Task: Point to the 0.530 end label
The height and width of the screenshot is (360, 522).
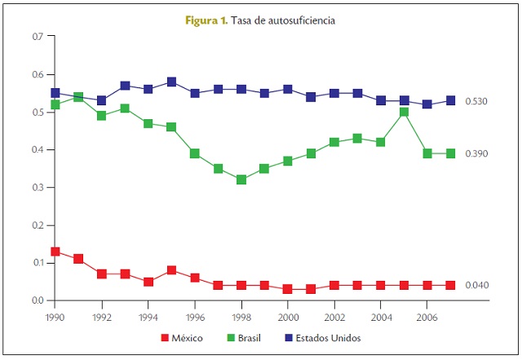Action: (x=476, y=101)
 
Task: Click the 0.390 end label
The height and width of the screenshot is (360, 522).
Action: (x=476, y=153)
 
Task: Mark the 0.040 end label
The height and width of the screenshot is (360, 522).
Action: (x=476, y=285)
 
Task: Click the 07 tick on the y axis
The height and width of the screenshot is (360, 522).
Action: (x=37, y=37)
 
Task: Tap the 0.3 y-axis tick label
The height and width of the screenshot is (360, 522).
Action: (x=37, y=188)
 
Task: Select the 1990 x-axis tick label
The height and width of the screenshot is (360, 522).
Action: (x=55, y=314)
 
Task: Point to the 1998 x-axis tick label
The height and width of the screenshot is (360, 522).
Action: (x=241, y=314)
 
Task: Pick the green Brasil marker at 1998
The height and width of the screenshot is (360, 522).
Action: (x=241, y=180)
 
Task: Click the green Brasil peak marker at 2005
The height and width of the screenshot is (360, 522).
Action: (x=404, y=112)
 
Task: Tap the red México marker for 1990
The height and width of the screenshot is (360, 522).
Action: (x=55, y=251)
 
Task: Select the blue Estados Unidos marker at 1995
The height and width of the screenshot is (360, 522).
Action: (x=171, y=82)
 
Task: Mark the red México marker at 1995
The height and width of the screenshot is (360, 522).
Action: (x=171, y=270)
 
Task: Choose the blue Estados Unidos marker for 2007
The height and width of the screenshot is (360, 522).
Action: (x=450, y=100)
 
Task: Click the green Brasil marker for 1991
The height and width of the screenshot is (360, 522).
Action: (x=78, y=97)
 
